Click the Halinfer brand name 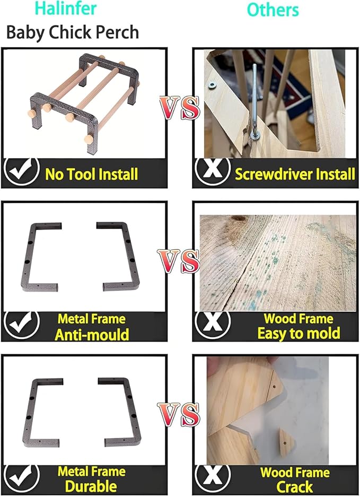point(66,8)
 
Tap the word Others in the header point(273,10)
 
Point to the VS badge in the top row point(180,108)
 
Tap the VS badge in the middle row point(179,261)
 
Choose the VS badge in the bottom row point(179,415)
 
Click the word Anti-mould point(92,335)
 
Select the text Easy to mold point(298,333)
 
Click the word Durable point(91,486)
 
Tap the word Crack point(294,486)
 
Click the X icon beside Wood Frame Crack point(213,478)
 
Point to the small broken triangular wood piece point(287,443)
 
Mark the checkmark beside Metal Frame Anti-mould point(22,325)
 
